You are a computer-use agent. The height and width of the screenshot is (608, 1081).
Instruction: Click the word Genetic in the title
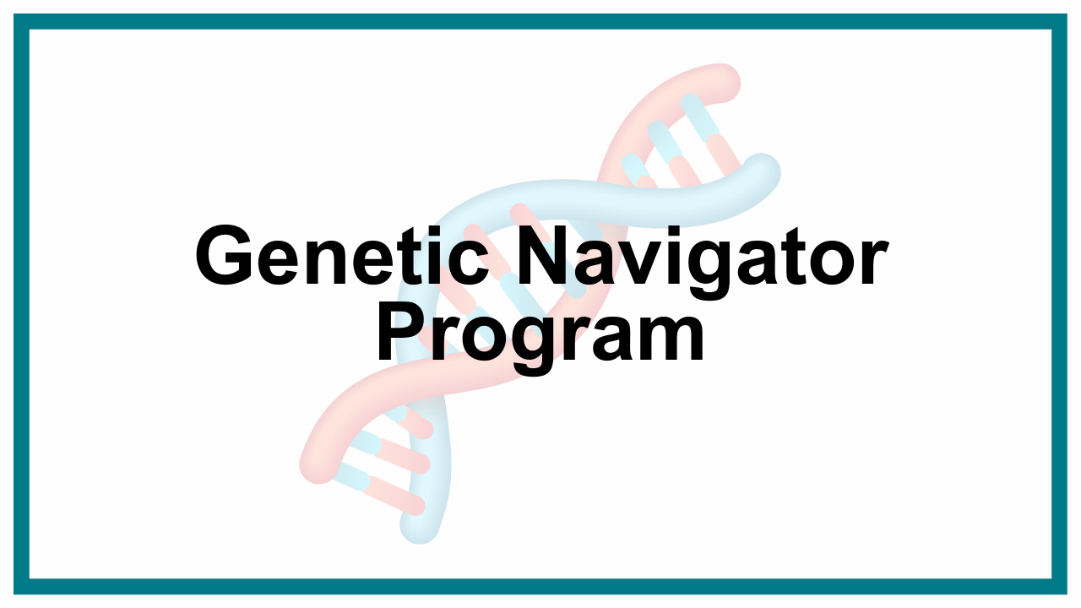tap(342, 256)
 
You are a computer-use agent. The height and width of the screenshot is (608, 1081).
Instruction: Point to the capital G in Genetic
tap(224, 256)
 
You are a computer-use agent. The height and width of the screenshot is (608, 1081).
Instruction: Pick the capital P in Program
tap(401, 332)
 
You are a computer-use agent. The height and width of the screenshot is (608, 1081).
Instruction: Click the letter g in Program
tap(538, 347)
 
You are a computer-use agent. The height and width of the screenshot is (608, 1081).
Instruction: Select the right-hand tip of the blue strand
tap(762, 172)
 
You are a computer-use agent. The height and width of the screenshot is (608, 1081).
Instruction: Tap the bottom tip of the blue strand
tap(419, 526)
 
